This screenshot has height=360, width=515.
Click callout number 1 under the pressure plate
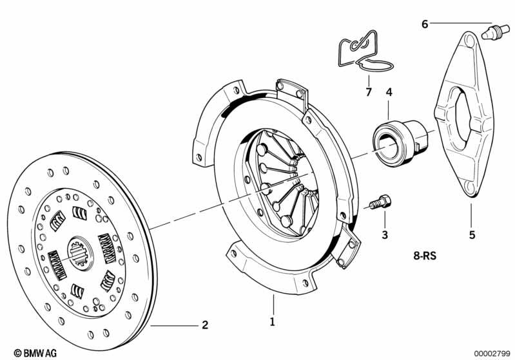tap(272, 321)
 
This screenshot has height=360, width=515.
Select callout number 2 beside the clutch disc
tap(205, 325)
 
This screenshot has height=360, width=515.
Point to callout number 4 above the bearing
tap(389, 93)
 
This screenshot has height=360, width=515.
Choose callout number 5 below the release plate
tap(472, 235)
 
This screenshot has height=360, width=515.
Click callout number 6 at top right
tap(424, 24)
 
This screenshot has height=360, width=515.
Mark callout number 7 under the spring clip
tap(369, 93)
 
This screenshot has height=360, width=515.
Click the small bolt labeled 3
tap(380, 202)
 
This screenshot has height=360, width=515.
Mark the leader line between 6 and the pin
tap(458, 24)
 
